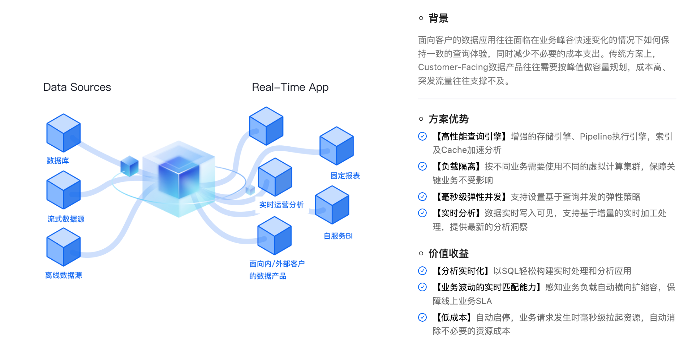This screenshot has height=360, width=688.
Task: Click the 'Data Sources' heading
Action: [77, 87]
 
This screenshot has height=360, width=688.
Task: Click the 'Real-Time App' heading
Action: [290, 87]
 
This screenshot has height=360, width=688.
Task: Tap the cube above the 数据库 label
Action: [64, 133]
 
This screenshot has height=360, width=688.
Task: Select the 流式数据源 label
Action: [66, 219]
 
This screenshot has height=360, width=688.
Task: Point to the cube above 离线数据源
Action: [64, 247]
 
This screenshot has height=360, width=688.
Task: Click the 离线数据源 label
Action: [64, 275]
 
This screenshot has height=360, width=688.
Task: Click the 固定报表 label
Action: [345, 176]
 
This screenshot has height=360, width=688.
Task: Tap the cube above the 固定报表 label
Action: [336, 146]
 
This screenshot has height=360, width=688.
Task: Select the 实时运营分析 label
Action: [281, 205]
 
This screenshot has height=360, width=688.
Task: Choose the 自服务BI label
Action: [338, 236]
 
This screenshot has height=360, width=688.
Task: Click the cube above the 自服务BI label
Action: [332, 205]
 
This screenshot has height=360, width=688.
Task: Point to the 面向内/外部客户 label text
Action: [277, 264]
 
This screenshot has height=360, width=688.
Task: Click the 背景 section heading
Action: [438, 18]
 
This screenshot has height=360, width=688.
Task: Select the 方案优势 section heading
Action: [448, 119]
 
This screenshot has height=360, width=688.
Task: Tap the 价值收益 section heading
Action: [448, 253]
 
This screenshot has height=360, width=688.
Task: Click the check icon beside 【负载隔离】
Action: [422, 166]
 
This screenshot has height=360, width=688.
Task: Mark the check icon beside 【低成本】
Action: [422, 317]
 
